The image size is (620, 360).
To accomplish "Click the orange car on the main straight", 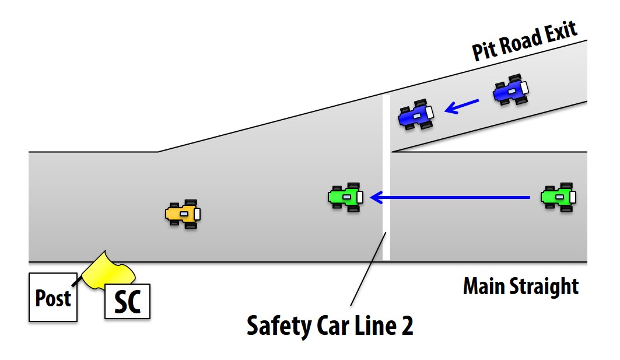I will click(183, 214).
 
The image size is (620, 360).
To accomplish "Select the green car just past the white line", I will click(346, 197).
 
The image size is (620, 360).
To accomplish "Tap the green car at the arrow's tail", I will click(559, 197).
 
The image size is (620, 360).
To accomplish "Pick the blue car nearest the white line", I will click(416, 114).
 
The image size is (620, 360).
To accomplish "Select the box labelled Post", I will click(53, 298).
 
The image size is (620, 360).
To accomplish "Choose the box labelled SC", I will click(127, 301).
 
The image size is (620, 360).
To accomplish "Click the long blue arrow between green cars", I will click(449, 198).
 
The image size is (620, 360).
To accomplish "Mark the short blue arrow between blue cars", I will click(461, 106).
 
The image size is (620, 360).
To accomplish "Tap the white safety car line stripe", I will click(386, 175).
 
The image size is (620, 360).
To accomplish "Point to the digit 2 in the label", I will click(406, 326).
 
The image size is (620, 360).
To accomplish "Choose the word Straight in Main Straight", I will click(547, 286).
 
